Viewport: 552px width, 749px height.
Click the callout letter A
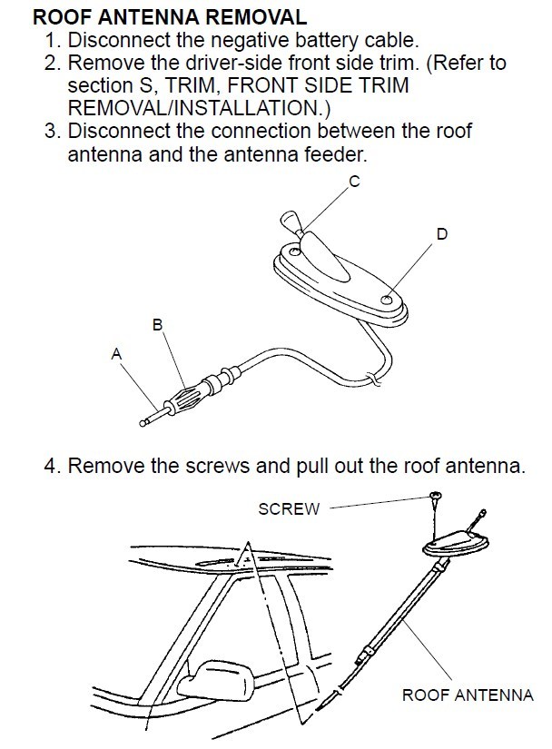point(115,355)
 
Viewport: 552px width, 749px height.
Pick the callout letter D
point(441,234)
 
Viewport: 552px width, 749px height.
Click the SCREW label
point(290,508)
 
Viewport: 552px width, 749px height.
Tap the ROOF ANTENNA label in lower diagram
point(468,695)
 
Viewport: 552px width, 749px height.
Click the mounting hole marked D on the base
point(388,299)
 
